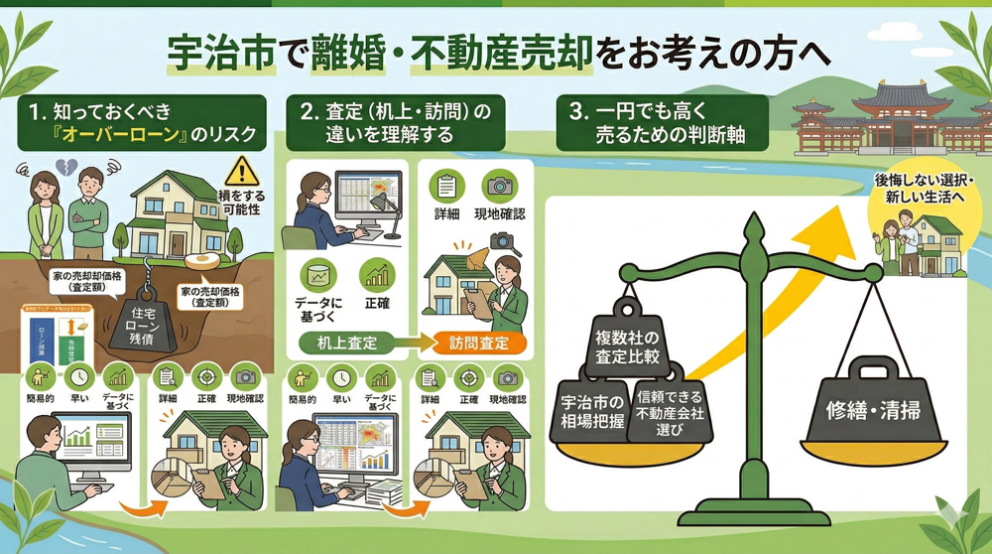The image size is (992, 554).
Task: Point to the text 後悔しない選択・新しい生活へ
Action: pos(913,189)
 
